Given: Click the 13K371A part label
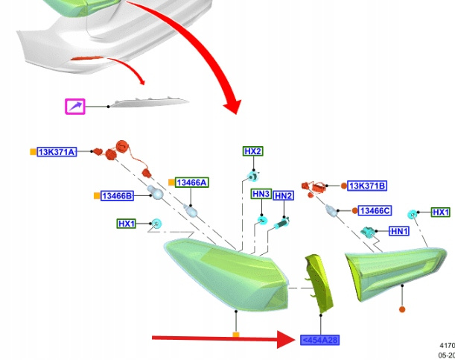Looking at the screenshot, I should (x=58, y=152).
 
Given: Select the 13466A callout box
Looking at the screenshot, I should (x=192, y=183).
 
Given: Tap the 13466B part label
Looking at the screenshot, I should (x=118, y=196).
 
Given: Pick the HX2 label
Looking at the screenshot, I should (x=252, y=151).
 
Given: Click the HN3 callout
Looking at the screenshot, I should (x=261, y=194).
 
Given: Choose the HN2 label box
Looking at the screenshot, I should (x=283, y=195).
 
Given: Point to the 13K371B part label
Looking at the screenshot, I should (x=368, y=186).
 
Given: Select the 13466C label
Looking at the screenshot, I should (x=375, y=211).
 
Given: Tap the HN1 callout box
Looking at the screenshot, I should (x=400, y=232).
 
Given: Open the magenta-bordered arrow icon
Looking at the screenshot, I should (x=75, y=107).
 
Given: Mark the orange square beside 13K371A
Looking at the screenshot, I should (x=32, y=152).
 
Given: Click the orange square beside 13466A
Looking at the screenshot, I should (x=171, y=183).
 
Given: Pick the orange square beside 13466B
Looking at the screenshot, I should (x=96, y=196).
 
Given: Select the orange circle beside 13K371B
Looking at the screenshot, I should (x=343, y=186).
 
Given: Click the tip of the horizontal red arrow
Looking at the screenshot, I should (x=293, y=340).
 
